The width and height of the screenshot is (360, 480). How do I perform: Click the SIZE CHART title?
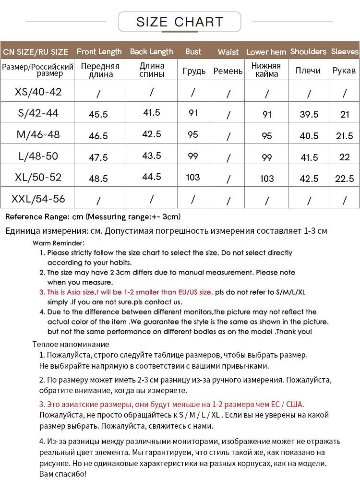[180, 22]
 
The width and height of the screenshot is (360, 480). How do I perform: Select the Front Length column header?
[99, 51]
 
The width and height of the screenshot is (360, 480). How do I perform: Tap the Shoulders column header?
[308, 51]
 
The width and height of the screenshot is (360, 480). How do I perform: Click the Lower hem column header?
[266, 52]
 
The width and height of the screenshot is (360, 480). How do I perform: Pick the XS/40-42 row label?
[38, 92]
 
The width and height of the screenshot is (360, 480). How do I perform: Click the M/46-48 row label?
[38, 134]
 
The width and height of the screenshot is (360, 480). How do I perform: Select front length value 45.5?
[98, 114]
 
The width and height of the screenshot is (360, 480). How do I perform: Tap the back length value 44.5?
[152, 177]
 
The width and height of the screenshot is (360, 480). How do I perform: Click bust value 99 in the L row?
[193, 156]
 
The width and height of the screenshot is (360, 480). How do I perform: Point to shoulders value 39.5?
[309, 114]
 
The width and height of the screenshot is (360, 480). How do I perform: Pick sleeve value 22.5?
[344, 178]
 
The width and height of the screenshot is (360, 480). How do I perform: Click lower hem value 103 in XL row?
[266, 179]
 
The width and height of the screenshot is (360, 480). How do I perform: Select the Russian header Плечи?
[308, 71]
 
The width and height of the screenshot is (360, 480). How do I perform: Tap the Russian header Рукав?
[344, 71]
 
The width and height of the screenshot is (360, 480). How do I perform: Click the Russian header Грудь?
[194, 71]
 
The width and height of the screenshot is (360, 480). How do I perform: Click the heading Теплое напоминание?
[71, 344]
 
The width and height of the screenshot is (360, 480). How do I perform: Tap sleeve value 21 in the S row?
[344, 114]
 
